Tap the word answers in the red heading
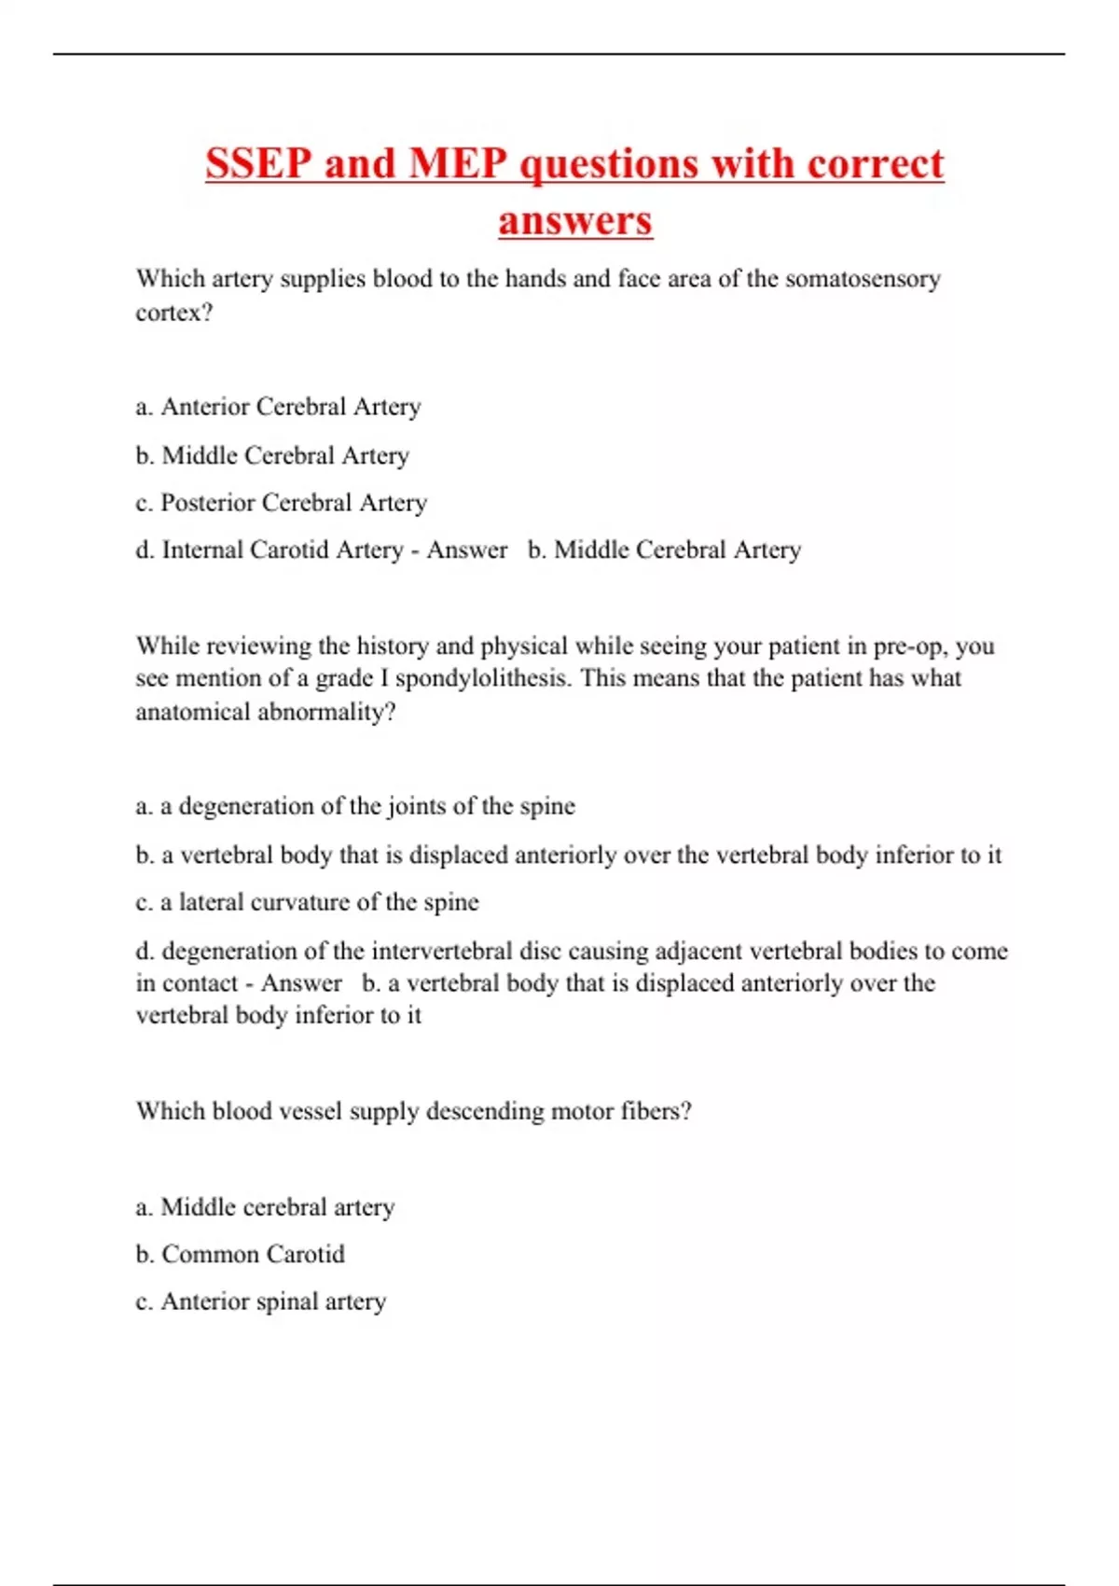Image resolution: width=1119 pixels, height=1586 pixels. point(574,221)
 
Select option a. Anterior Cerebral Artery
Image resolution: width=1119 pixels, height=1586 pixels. point(278,407)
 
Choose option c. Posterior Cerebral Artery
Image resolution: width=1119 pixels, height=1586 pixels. point(281,503)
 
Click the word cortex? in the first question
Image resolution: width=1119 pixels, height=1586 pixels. point(173,313)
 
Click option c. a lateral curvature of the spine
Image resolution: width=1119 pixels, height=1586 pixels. point(307,902)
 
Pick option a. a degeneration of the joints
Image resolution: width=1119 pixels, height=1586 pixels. point(354,806)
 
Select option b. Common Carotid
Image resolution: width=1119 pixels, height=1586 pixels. point(240,1254)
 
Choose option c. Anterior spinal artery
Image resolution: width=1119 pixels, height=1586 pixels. point(260,1301)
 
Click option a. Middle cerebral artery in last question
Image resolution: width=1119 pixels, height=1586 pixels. point(265,1207)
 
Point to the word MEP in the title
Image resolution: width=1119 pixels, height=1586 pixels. point(458,164)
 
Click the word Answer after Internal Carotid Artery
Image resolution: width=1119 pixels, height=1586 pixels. point(466,550)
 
